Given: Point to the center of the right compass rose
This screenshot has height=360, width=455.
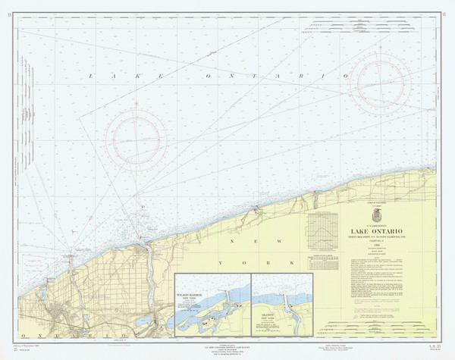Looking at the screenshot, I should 381,79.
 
